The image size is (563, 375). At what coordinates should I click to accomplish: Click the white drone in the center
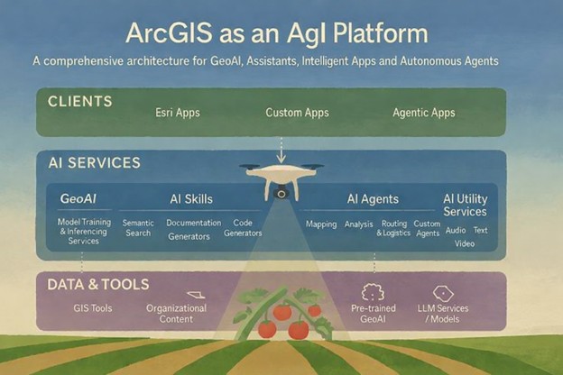click(281, 177)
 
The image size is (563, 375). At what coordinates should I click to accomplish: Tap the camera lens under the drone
click(281, 192)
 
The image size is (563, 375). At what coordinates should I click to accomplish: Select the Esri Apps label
click(180, 114)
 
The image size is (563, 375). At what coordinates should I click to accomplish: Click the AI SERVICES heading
click(94, 163)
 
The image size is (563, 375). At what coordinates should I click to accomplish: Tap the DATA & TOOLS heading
click(97, 284)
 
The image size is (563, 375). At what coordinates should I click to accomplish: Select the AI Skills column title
click(191, 199)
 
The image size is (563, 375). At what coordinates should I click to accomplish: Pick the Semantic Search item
click(138, 228)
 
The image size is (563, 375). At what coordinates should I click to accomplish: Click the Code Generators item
click(243, 228)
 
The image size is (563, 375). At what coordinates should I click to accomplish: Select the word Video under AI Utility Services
click(465, 243)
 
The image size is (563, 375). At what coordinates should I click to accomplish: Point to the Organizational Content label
click(177, 313)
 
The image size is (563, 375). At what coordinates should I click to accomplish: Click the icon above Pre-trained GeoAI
click(373, 293)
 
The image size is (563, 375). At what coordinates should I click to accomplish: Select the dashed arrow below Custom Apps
click(281, 146)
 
